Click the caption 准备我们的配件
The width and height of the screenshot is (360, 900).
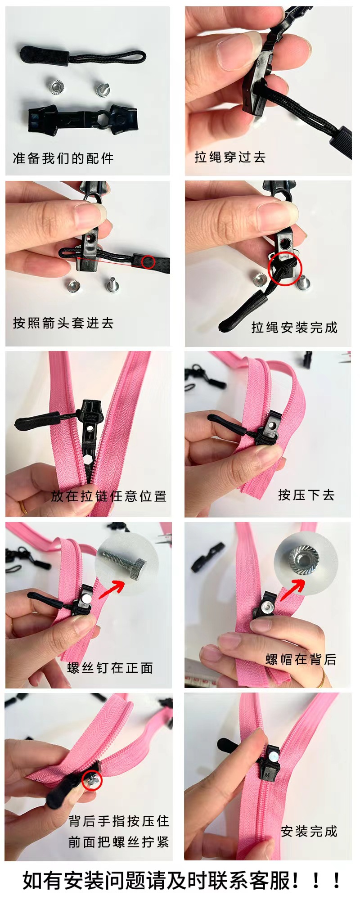[x=63, y=158]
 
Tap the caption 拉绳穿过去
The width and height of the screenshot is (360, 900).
[x=229, y=157]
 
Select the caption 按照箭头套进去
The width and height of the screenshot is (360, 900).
[x=63, y=323]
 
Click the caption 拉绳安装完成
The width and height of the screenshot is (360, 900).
[x=294, y=328]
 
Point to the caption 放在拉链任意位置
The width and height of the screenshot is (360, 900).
[x=108, y=496]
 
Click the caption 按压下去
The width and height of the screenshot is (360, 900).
[x=306, y=495]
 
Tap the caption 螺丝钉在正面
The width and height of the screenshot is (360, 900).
[x=110, y=668]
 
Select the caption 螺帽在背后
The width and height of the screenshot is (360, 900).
[x=301, y=660]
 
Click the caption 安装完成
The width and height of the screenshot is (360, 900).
[x=309, y=831]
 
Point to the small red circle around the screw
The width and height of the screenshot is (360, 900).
[x=92, y=780]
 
